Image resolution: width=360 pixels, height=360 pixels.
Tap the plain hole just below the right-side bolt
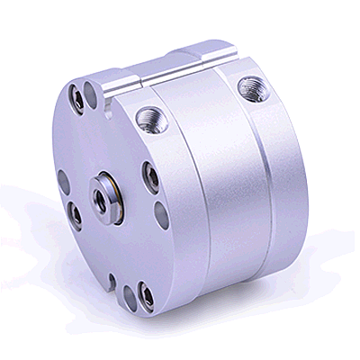pos(159,215)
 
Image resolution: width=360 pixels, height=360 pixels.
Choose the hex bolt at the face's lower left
pos(76,216)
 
